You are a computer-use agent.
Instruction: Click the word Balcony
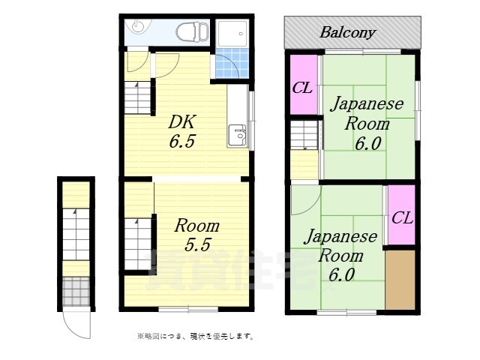(348, 32)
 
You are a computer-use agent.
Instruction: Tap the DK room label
(182, 121)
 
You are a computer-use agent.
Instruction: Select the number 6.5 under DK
(182, 141)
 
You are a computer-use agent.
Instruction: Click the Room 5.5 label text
(197, 234)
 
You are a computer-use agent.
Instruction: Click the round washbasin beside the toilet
(136, 27)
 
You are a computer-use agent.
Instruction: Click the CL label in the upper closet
(302, 88)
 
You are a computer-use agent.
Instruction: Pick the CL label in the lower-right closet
(402, 218)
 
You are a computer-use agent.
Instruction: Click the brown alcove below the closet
(400, 278)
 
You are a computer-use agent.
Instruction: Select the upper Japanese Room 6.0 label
(367, 123)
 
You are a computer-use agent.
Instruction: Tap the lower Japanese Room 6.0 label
(340, 255)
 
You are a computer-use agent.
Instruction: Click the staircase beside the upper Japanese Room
(304, 136)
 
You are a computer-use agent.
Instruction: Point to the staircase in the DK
(138, 96)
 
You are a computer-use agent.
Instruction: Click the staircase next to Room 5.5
(138, 236)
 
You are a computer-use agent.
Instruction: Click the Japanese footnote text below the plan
(195, 336)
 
